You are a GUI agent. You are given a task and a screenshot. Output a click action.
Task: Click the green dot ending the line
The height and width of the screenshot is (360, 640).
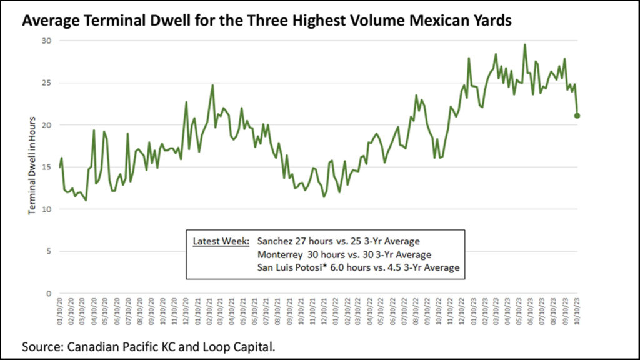[x=577, y=116]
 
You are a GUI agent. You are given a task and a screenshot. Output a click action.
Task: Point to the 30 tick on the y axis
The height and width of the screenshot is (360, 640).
[x=46, y=41]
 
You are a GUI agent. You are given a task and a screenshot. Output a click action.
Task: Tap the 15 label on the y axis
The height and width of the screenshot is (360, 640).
[x=46, y=167]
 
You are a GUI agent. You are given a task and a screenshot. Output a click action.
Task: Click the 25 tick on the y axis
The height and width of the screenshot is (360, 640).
[x=46, y=82]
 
